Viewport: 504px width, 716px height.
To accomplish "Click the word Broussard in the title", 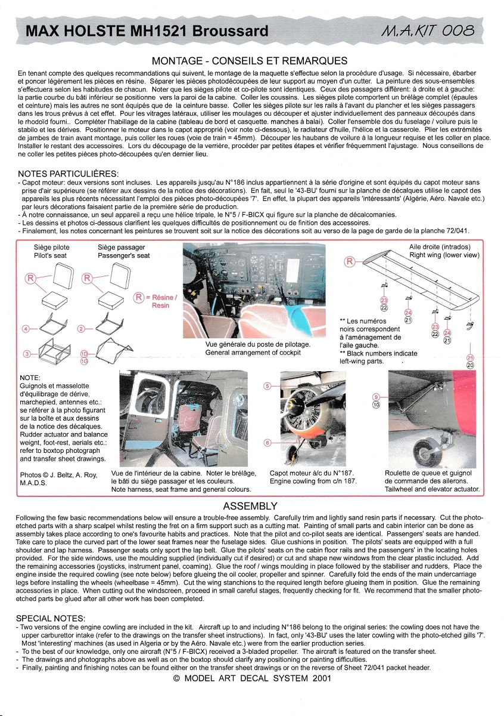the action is pyautogui.click(x=230, y=31).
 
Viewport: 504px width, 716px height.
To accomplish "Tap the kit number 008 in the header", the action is pyautogui.click(x=458, y=31).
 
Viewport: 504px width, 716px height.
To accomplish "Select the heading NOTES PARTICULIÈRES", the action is pyautogui.click(x=68, y=174).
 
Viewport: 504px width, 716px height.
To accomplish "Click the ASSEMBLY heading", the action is pyautogui.click(x=250, y=506).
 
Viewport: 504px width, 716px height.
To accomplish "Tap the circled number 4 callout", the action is pyautogui.click(x=26, y=329).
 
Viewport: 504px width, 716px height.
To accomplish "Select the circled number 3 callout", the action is pyautogui.click(x=27, y=354).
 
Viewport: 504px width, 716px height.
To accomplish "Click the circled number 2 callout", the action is pyautogui.click(x=81, y=329).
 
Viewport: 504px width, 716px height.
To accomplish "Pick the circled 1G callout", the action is pyautogui.click(x=84, y=361).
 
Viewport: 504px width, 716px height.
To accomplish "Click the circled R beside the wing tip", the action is pyautogui.click(x=350, y=262).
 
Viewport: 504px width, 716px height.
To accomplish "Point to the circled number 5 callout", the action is pyautogui.click(x=267, y=386).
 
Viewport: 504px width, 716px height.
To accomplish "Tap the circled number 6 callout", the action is pyautogui.click(x=267, y=443).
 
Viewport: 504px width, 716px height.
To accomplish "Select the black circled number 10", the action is pyautogui.click(x=376, y=405).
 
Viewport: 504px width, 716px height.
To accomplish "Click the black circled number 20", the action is pyautogui.click(x=470, y=365).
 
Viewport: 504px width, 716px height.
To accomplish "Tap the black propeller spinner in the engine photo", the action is pyautogui.click(x=294, y=406).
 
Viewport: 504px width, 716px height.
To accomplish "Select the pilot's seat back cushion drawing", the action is pyautogui.click(x=63, y=276).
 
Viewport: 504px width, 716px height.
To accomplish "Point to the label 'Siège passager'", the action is pyautogui.click(x=122, y=248).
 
